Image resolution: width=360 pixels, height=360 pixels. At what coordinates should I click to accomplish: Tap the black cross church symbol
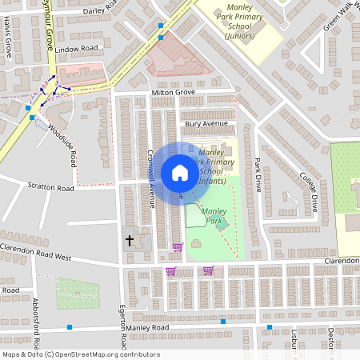(129, 240)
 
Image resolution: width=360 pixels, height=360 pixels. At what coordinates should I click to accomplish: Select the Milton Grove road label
(174, 94)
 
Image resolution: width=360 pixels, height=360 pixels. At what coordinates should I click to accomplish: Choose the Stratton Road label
(50, 189)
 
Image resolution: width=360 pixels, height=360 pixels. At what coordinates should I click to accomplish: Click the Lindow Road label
(76, 50)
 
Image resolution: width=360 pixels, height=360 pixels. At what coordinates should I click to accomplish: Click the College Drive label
(309, 190)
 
